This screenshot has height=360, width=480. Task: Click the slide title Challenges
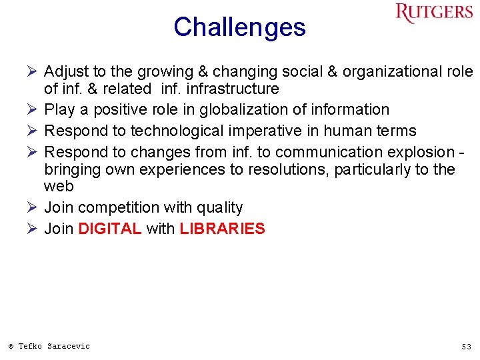coord(239,28)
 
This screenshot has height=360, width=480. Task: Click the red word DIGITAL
coord(110,229)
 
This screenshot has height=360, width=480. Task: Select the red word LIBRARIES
coord(222,229)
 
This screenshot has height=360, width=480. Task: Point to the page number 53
coord(466,347)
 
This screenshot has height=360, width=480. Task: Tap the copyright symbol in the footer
coord(11,347)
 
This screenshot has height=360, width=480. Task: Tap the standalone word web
coord(59,187)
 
